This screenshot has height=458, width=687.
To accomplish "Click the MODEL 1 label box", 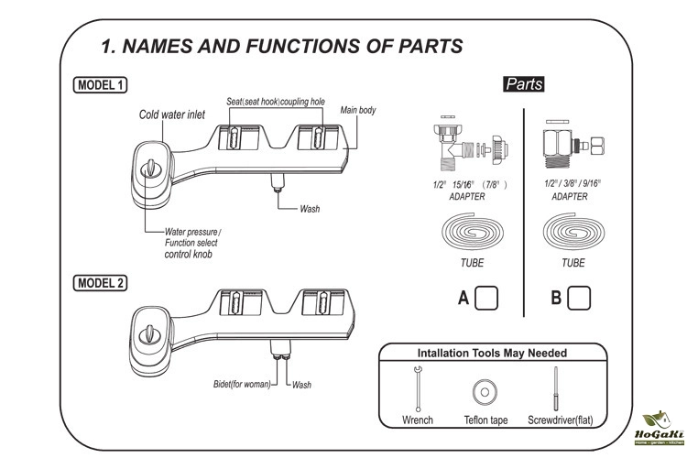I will point(101,86).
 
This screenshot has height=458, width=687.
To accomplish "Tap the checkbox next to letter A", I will point(488,298).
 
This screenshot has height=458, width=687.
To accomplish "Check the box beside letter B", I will point(580,298).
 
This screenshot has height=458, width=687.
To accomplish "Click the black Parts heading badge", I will point(524,84).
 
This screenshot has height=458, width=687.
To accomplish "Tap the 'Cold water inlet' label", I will point(171,114).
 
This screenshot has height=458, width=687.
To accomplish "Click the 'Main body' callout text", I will point(358,110).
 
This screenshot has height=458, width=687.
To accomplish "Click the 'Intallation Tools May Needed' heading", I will point(492,353).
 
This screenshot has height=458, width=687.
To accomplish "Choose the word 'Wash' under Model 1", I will point(310,209).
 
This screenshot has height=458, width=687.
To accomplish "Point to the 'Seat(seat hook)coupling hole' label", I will point(275,100).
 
